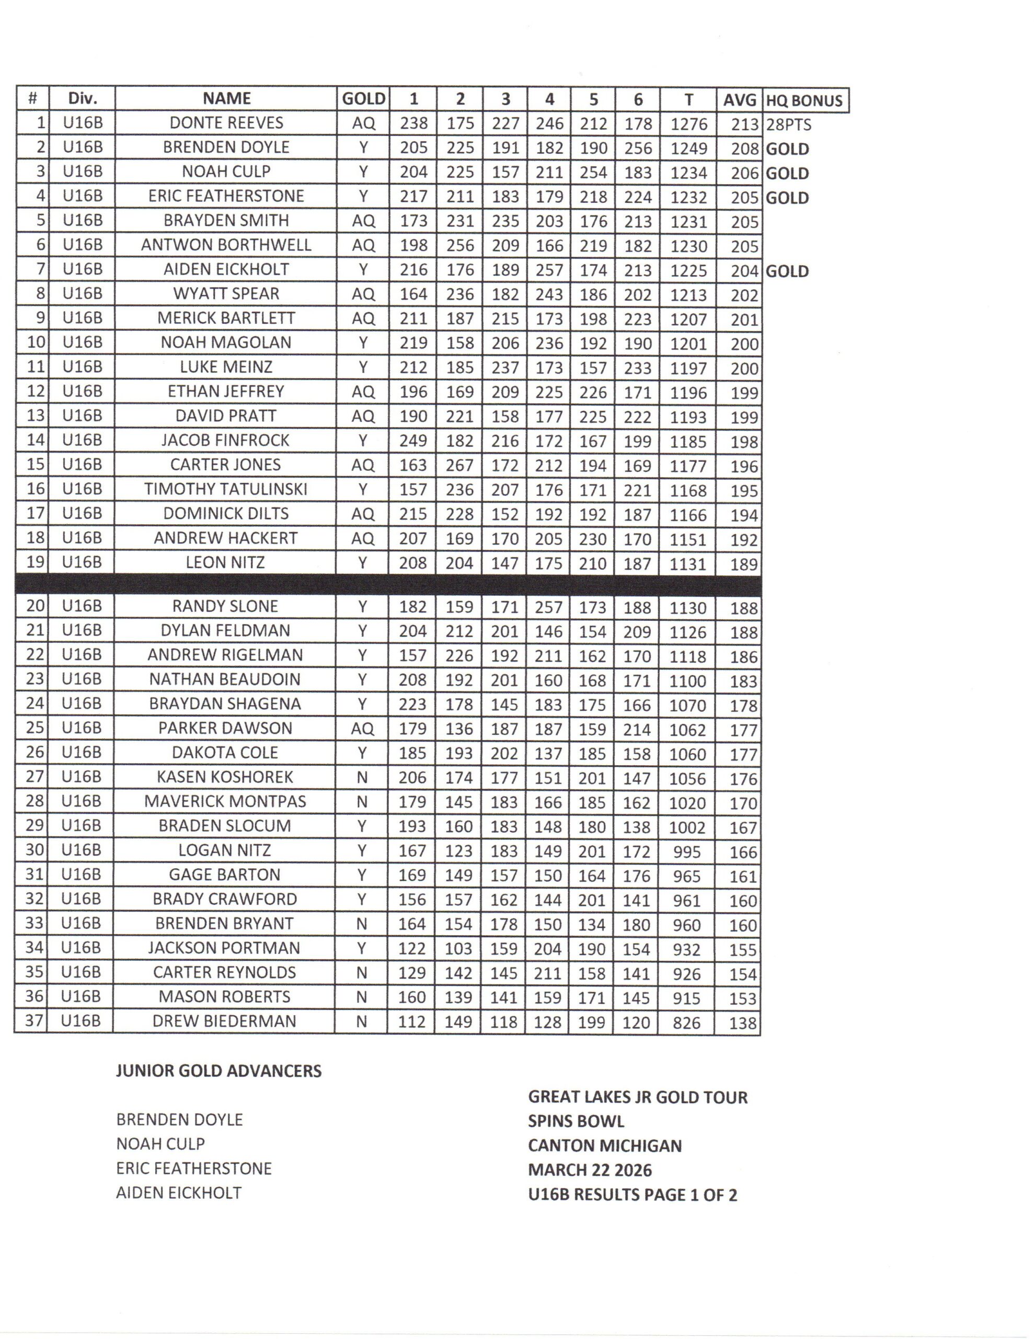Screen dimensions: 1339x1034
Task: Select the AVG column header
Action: pyautogui.click(x=739, y=99)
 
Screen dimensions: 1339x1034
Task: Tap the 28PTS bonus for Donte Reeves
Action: pyautogui.click(x=789, y=125)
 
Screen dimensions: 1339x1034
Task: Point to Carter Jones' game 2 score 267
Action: pyautogui.click(x=459, y=466)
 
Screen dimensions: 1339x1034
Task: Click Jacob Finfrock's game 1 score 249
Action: pyautogui.click(x=413, y=441)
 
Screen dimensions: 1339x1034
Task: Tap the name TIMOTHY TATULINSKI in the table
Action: pyautogui.click(x=225, y=489)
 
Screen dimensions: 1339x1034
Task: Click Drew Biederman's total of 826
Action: pyautogui.click(x=686, y=1022)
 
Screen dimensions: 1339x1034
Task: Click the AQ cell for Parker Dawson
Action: pyautogui.click(x=362, y=729)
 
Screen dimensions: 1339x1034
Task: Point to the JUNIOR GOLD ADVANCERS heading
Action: pyautogui.click(x=219, y=1071)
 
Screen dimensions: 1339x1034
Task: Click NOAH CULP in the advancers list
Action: pyautogui.click(x=160, y=1143)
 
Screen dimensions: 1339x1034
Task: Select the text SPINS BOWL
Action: pyautogui.click(x=576, y=1121)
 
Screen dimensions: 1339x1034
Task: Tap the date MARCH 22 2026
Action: pyautogui.click(x=590, y=1170)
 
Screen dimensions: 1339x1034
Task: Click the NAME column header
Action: pyautogui.click(x=227, y=99)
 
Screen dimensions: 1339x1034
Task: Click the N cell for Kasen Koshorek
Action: pyautogui.click(x=362, y=777)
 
